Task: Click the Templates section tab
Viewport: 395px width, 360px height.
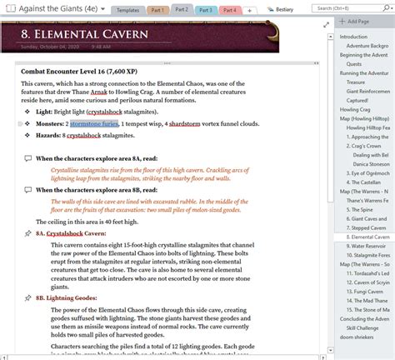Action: (x=127, y=9)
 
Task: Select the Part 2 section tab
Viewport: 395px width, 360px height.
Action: (x=182, y=9)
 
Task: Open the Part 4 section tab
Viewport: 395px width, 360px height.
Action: (x=230, y=9)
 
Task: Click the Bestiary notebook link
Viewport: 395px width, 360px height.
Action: (x=282, y=9)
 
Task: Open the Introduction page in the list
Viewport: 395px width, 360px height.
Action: (x=354, y=37)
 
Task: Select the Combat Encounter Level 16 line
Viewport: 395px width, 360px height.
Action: (x=85, y=72)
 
